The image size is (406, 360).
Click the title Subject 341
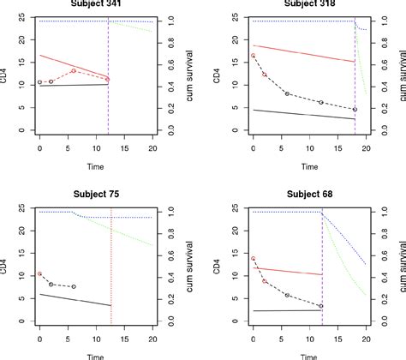click(x=97, y=3)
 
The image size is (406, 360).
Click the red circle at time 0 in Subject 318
click(x=253, y=56)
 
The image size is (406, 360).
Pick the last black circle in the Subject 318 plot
click(x=354, y=110)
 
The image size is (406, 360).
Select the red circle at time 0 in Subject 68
click(x=253, y=258)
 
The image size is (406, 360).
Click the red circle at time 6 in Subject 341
click(x=74, y=70)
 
